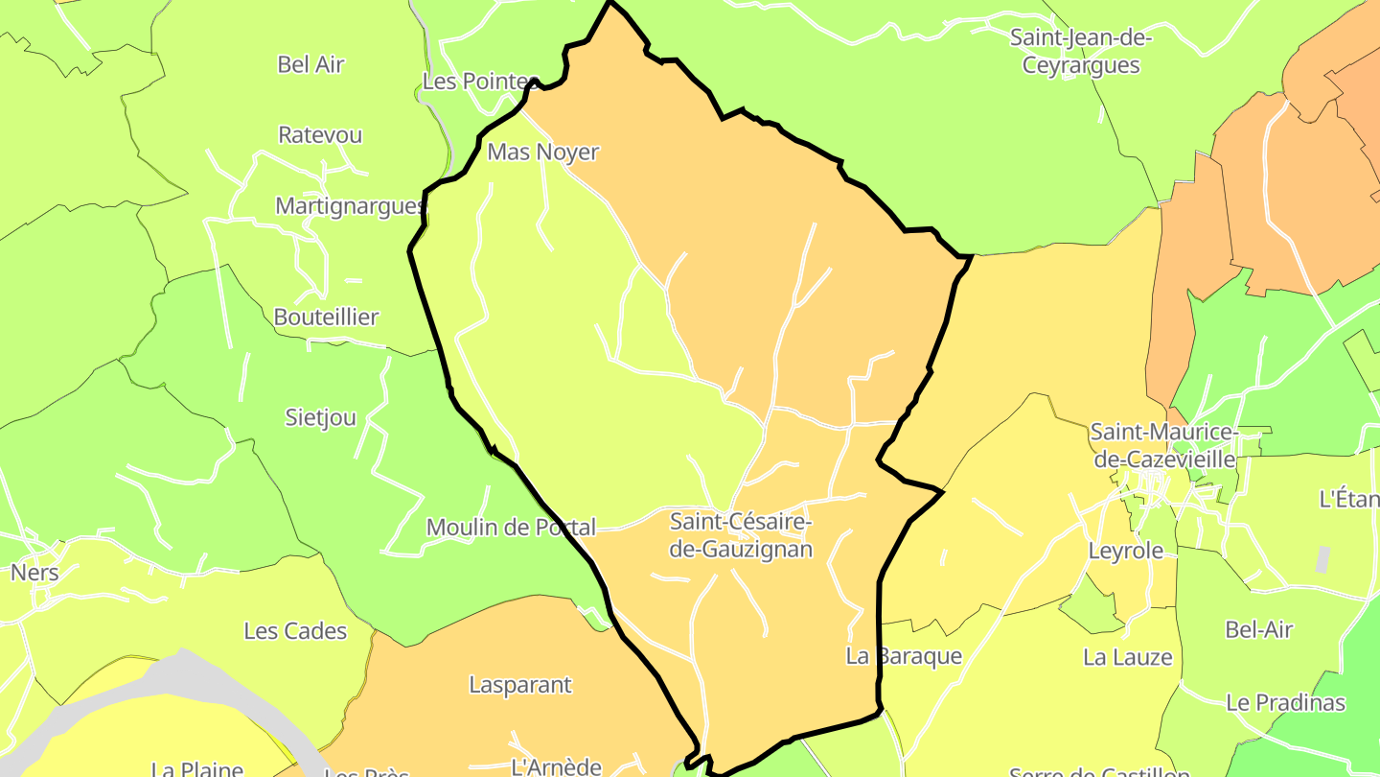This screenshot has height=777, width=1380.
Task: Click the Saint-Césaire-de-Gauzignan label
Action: point(741,535)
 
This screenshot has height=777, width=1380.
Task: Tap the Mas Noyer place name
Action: point(542,152)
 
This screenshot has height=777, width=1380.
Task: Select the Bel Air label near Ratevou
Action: point(310,64)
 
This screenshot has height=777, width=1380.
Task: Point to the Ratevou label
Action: point(320,134)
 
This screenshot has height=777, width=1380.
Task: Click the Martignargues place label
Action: point(350,205)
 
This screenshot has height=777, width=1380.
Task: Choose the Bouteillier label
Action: point(326,317)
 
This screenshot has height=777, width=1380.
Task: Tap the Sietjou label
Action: point(321,417)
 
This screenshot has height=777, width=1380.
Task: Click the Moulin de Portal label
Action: point(511,527)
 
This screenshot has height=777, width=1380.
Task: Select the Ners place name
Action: point(34,573)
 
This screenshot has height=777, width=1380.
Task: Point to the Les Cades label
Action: point(295,630)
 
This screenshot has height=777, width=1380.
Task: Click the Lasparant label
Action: point(519,685)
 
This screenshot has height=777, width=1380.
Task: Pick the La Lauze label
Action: point(1127,657)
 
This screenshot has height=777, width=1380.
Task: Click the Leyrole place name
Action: point(1125,551)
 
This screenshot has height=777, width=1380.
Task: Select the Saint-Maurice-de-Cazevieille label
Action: point(1164,446)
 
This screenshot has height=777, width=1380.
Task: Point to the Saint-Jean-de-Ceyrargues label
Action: point(1081,52)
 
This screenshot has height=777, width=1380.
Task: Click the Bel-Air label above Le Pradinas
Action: point(1258,629)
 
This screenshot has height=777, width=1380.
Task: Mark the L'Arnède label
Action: point(556,766)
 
